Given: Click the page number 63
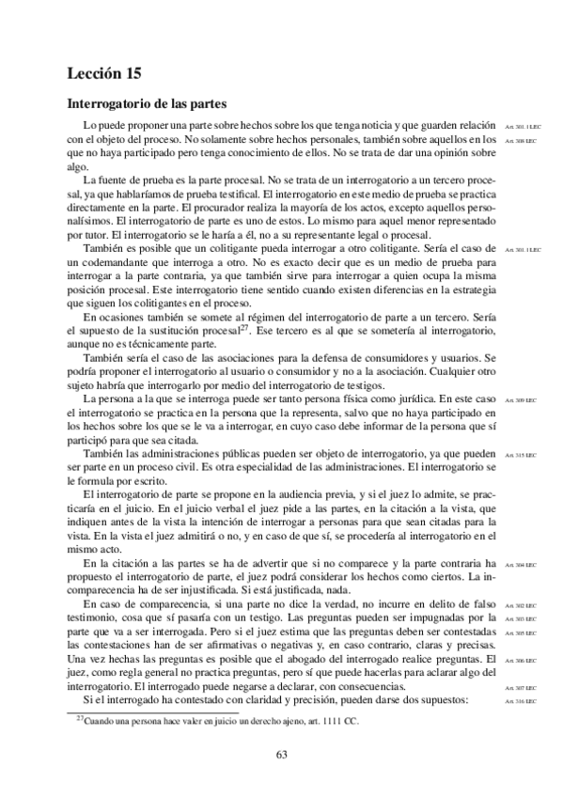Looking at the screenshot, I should tap(281, 754).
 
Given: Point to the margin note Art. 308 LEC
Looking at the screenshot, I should tap(519, 140).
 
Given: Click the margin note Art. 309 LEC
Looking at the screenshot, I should tap(519, 401).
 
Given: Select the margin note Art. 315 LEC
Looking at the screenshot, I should tap(519, 455).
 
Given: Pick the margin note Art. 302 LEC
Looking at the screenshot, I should tap(519, 606).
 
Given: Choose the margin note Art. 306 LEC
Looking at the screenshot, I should tap(519, 662).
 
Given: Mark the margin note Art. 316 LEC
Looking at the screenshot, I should tap(519, 702).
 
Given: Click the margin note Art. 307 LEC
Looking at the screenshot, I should tap(519, 689).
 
